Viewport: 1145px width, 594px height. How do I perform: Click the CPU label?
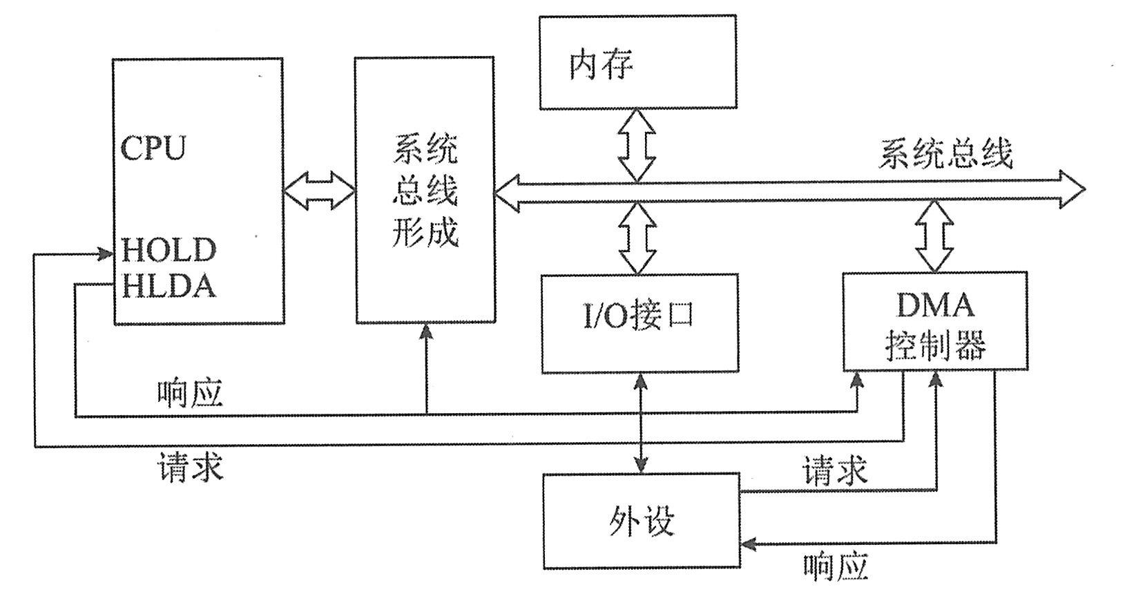[153, 147]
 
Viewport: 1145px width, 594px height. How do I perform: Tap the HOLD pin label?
[169, 250]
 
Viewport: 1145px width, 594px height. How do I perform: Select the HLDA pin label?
[169, 286]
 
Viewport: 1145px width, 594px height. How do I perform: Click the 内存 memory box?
[637, 63]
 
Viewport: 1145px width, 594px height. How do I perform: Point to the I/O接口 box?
[639, 323]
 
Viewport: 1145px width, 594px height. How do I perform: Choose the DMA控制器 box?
[934, 322]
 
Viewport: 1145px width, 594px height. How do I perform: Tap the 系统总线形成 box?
[424, 190]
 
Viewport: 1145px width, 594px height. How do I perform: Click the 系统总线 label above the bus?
[945, 153]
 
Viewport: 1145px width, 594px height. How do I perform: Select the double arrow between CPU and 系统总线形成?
[318, 190]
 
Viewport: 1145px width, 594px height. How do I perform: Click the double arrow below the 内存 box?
[636, 145]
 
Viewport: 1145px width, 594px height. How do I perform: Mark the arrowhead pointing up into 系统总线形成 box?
[427, 332]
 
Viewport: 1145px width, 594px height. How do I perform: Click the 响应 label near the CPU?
[190, 394]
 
